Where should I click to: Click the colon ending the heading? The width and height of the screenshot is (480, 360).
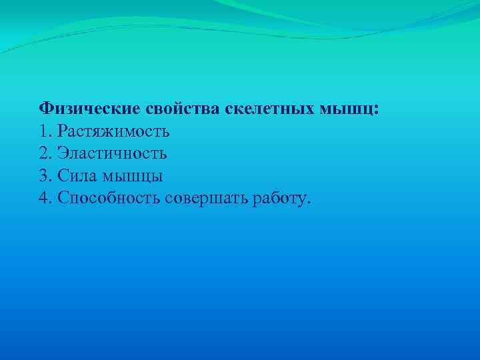377,109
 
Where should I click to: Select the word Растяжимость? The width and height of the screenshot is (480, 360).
114,131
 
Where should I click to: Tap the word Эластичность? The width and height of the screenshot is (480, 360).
112,153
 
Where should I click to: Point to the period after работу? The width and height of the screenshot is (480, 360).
309,203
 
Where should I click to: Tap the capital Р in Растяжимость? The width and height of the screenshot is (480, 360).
63,131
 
